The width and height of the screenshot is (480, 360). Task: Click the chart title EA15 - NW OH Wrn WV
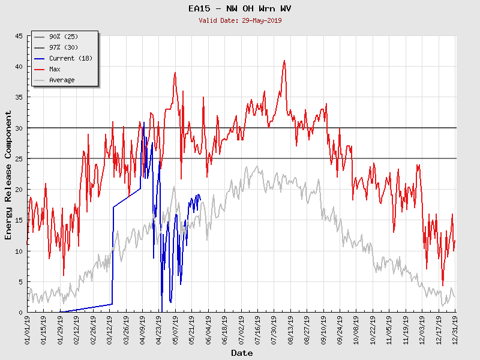[240, 8]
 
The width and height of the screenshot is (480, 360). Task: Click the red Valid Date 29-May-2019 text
[240, 20]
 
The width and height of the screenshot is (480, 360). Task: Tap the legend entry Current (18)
[70, 58]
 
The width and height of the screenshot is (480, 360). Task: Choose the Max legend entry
[55, 69]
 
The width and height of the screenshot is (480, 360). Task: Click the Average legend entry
[62, 80]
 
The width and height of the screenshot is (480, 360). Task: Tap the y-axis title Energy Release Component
[8, 174]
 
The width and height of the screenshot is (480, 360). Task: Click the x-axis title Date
[242, 353]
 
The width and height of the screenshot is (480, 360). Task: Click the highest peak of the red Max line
[284, 60]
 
